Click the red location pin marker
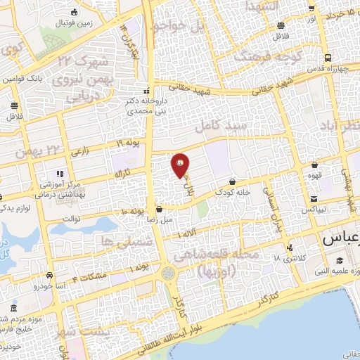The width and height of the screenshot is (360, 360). click(181, 166)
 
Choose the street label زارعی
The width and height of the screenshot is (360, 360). click(80, 150)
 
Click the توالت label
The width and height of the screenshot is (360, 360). click(72, 218)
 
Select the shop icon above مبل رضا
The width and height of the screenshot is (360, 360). click(160, 209)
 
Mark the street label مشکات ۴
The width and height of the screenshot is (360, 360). click(94, 276)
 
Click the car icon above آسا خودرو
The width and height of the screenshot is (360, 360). click(50, 275)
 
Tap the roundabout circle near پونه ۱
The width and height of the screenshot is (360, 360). click(168, 273)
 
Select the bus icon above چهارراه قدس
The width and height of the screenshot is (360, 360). click(328, 59)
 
